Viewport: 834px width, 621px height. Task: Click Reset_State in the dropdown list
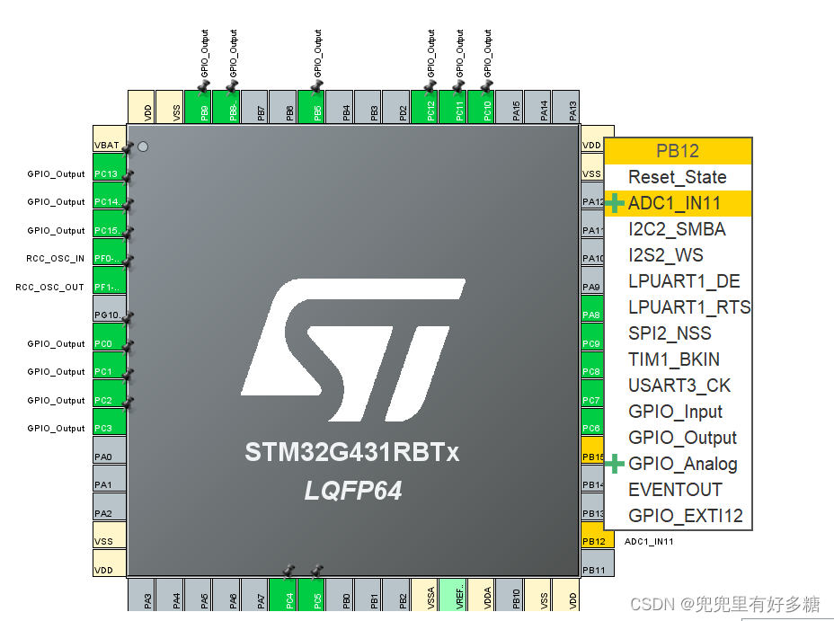tap(677, 177)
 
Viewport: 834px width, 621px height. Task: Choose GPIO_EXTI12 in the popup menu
tap(686, 516)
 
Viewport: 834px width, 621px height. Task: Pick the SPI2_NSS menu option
tap(670, 333)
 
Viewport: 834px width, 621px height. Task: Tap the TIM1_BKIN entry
tap(673, 359)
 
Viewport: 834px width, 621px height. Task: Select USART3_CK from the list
tap(679, 386)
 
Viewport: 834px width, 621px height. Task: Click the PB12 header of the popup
tap(677, 151)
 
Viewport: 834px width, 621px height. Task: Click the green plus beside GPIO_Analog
tap(615, 464)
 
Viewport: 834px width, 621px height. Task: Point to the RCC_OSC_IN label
tap(56, 259)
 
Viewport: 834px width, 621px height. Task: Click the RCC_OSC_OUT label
tap(51, 288)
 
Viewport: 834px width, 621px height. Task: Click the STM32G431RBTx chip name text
tap(352, 452)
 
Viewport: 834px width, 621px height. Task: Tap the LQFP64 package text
tap(352, 491)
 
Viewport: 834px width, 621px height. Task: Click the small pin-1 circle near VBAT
tap(143, 146)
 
